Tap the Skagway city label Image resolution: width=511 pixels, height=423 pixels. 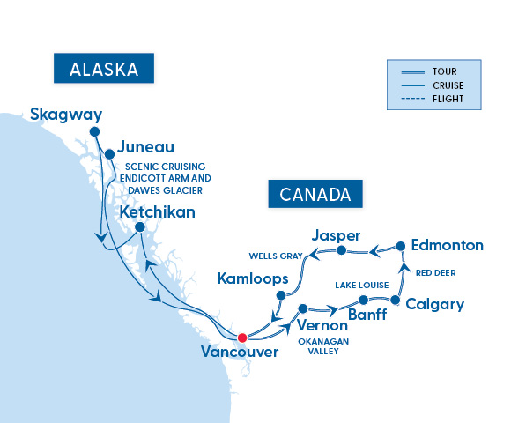coord(66,114)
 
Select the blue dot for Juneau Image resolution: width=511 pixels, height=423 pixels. coord(109,153)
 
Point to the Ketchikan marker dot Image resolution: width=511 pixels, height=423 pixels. coord(138,226)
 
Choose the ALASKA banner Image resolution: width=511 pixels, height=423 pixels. coord(103,69)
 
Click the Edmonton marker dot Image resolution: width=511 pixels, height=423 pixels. coord(401,246)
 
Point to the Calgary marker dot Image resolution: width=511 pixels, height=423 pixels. coord(396,301)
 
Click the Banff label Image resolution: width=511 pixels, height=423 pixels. coord(367,313)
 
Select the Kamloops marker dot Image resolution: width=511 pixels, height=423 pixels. coord(282,295)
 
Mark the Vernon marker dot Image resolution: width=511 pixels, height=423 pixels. coord(303,309)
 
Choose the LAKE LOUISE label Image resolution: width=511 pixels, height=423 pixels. coord(360,286)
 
